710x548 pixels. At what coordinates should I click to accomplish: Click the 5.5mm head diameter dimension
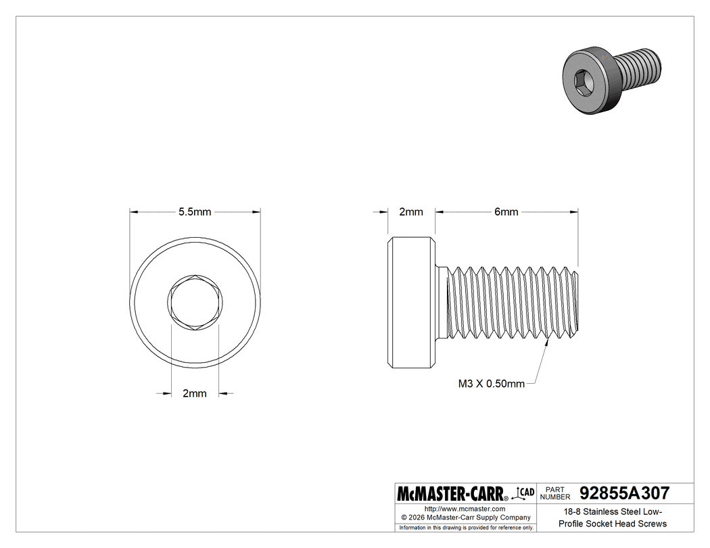click(195, 212)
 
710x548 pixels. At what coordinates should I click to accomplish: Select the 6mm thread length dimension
click(506, 212)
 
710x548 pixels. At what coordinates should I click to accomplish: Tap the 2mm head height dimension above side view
click(410, 212)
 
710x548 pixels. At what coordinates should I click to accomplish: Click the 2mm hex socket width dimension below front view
click(195, 394)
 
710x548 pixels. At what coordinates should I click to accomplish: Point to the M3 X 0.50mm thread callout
click(491, 384)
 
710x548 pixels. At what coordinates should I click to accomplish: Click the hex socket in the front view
click(195, 303)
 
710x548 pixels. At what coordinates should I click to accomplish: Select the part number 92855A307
click(624, 493)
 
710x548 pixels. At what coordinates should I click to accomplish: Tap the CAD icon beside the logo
click(525, 492)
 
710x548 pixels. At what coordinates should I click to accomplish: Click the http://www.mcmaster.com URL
click(465, 508)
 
